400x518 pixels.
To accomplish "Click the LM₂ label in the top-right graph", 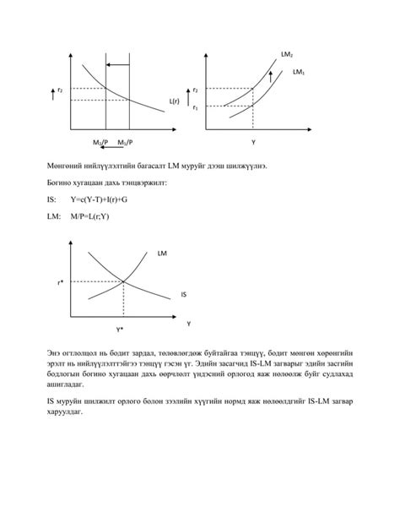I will click(x=287, y=55).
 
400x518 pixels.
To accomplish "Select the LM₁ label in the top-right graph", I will click(x=298, y=73).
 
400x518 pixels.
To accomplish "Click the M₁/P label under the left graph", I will click(x=126, y=141).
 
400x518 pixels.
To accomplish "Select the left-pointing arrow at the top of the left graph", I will click(x=118, y=64).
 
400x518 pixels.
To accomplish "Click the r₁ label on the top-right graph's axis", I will click(x=195, y=107).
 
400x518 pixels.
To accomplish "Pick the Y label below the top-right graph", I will click(x=252, y=141).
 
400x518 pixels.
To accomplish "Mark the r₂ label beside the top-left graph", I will click(x=60, y=90).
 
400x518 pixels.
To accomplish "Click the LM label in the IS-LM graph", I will click(x=162, y=253).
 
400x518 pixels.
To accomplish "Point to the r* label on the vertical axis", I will click(x=61, y=282).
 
